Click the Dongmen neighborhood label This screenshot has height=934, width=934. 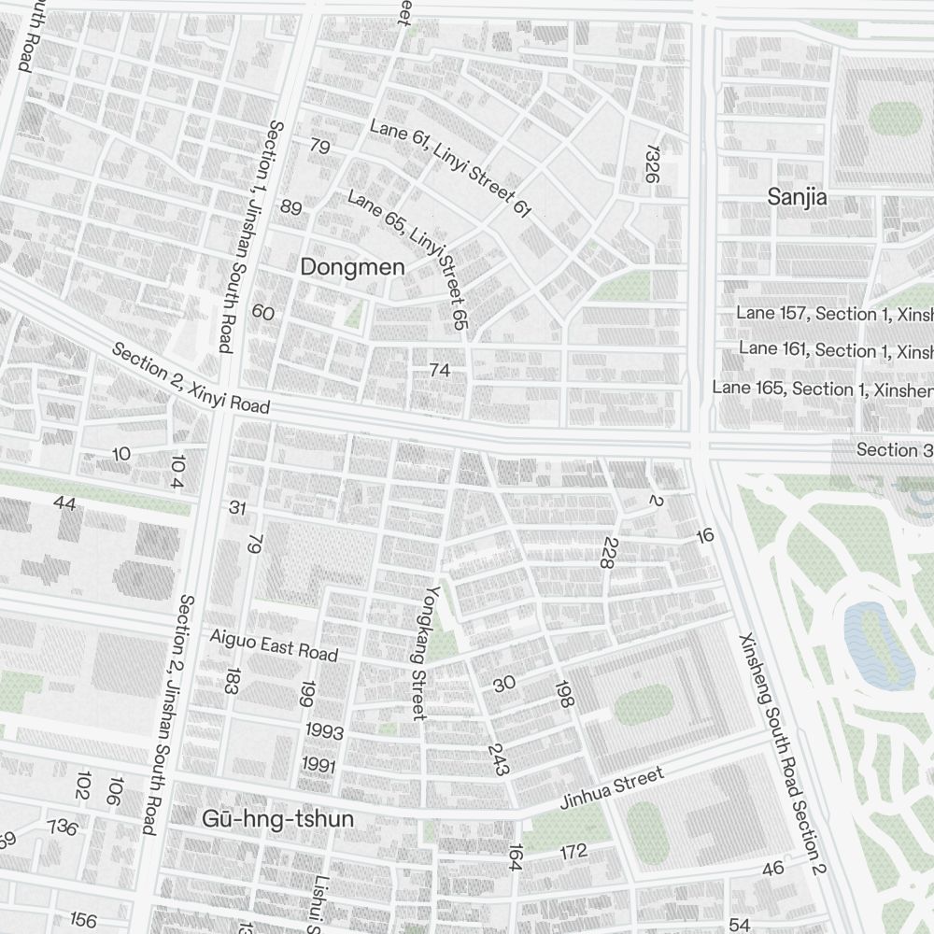coord(352,267)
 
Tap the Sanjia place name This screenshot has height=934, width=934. coord(797,197)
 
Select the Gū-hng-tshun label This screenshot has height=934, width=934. coord(277,819)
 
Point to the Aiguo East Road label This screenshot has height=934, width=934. coord(273,644)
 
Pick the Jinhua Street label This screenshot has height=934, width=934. coord(612,788)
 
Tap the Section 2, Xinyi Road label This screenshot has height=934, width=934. coord(191,378)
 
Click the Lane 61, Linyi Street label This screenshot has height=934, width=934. coord(450,168)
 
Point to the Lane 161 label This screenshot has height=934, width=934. coord(835,349)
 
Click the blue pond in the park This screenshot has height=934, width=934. coord(878,644)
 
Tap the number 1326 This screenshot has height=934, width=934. coord(652,170)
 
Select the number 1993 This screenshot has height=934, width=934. coord(323,732)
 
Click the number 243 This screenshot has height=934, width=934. coord(499,760)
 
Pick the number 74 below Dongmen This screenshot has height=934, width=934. coord(439,371)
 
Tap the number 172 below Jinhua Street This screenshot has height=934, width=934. coord(573,851)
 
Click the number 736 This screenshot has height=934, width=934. coord(63,828)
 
